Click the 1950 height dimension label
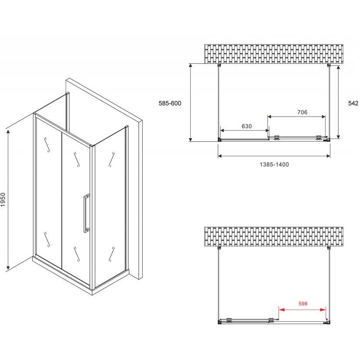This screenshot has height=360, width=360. coord(3,199)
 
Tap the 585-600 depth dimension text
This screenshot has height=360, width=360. coord(170,103)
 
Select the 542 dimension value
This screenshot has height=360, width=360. coord(353,103)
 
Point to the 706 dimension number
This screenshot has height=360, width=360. coord(302,112)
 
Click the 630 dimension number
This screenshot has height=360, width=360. coord(247,126)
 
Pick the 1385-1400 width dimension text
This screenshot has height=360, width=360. coord(274,165)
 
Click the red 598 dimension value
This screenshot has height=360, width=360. coord(303,304)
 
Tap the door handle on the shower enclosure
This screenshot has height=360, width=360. coord(86,213)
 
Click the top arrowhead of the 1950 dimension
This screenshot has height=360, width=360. coord(8,131)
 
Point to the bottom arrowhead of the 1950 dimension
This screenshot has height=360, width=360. coord(8,267)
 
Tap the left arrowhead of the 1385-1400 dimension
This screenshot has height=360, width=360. coord(220,156)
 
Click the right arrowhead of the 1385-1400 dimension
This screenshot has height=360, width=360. coord(328,156)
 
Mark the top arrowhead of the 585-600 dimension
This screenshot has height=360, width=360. coord(190,65)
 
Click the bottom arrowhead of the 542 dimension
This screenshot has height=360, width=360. coord(339,137)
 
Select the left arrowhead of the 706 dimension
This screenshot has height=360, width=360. coord(270,117)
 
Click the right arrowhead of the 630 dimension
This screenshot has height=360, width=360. coord(267,130)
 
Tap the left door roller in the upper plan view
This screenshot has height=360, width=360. coord(277,137)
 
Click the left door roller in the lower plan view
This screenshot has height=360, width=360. coord(229,319)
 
